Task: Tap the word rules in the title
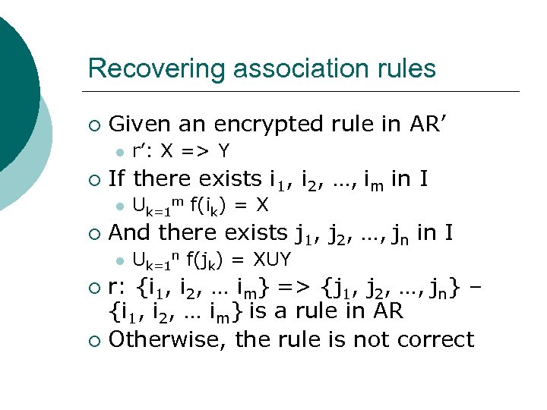coord(406,69)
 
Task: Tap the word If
coord(117,179)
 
